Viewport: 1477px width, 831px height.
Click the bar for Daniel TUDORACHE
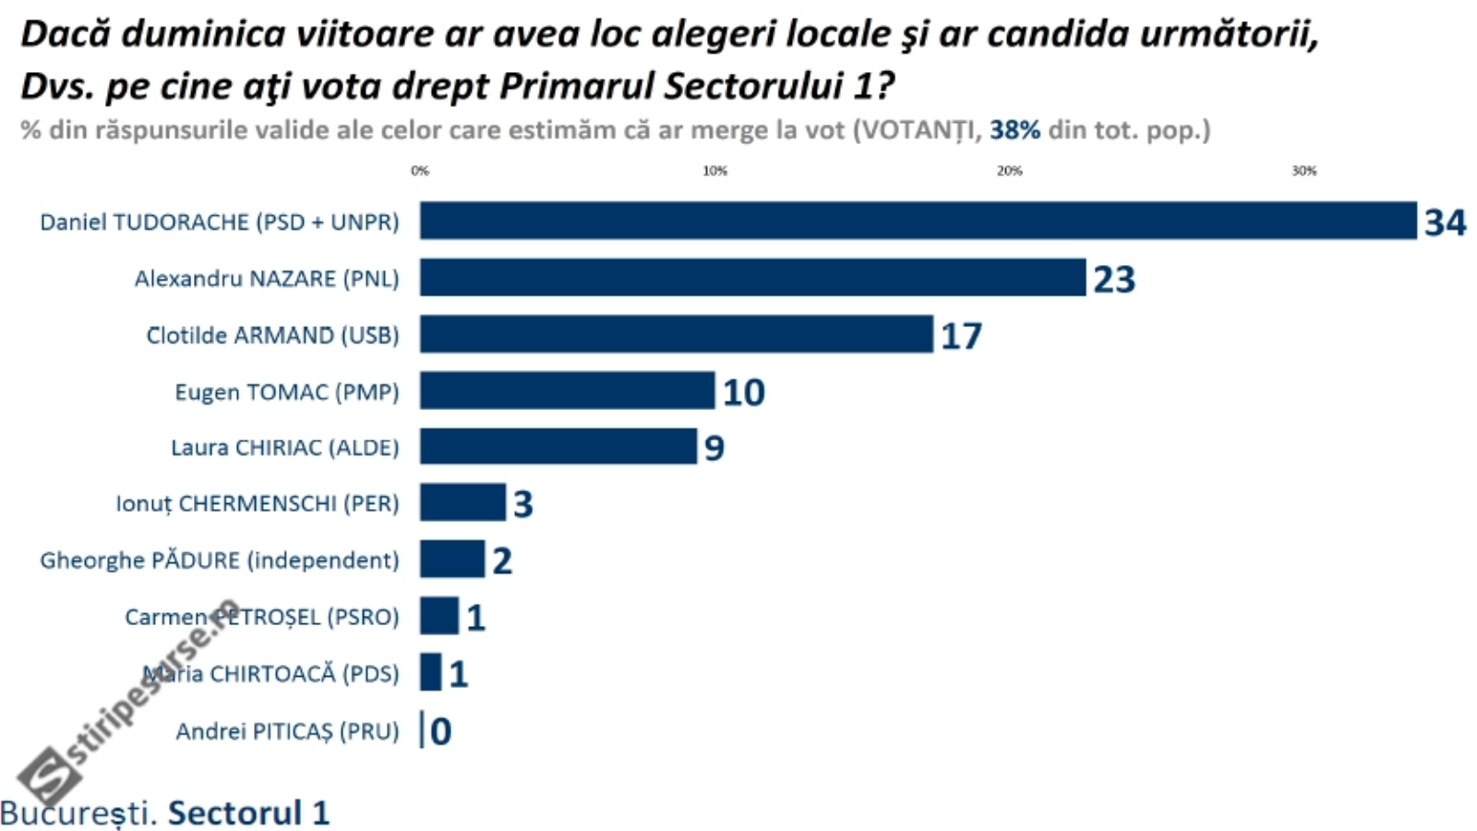[918, 221]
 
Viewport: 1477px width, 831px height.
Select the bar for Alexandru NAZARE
[752, 277]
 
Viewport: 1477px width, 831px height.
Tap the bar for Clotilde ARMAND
[676, 334]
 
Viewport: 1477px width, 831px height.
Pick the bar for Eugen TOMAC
[567, 391]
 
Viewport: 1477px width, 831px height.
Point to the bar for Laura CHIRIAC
[558, 447]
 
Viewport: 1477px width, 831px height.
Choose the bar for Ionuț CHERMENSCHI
[462, 503]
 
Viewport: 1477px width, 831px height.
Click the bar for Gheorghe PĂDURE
[451, 560]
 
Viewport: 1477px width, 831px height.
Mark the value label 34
[1445, 223]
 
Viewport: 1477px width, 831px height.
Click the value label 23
[1114, 279]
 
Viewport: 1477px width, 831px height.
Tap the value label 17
[961, 336]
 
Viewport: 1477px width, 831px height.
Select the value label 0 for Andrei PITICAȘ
[441, 731]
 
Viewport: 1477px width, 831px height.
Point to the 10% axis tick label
[714, 171]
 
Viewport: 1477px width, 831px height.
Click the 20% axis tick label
[1009, 171]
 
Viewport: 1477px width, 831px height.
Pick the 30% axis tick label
[1303, 171]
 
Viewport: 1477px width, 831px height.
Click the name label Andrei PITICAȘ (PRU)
[287, 731]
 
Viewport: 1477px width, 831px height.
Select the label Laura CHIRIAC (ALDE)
[284, 448]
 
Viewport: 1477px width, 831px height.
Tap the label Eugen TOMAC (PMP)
[286, 391]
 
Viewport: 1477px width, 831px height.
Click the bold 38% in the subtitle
[1015, 130]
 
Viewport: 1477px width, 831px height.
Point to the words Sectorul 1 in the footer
[248, 813]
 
